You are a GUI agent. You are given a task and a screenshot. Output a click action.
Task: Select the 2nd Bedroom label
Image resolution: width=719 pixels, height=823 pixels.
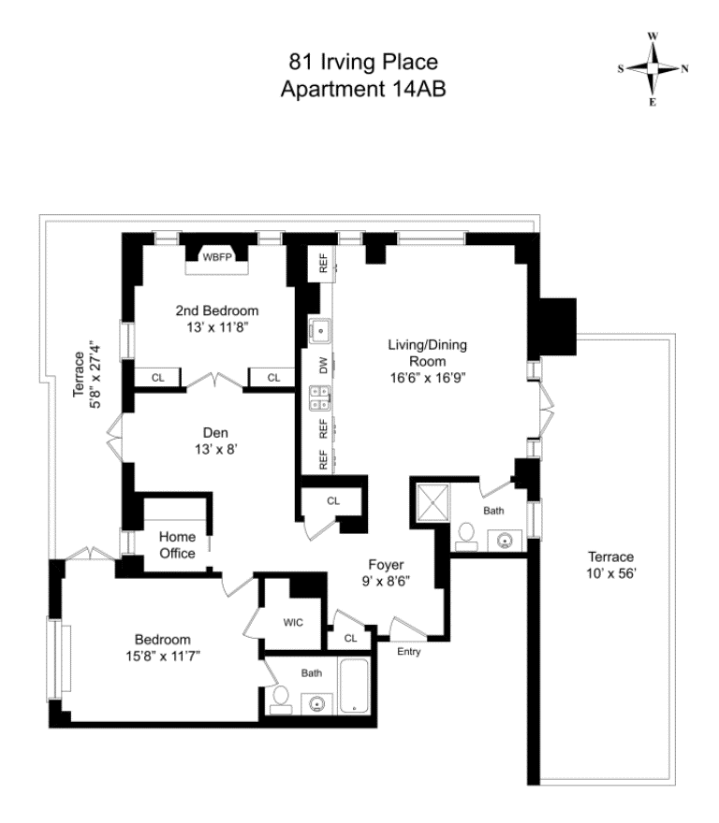216,311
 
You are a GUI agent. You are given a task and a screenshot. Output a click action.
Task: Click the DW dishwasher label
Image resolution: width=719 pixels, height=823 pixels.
323,367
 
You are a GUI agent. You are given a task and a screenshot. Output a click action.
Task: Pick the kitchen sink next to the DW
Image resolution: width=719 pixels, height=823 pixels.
319,330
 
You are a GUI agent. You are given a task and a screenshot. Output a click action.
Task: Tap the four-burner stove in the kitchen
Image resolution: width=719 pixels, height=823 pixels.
318,398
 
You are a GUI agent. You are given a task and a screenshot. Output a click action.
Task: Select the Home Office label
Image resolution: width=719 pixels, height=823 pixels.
177,544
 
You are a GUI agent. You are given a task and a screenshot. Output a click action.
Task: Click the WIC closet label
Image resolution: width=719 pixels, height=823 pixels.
294,621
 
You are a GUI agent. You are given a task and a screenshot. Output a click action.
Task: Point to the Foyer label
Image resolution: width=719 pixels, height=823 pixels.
385,564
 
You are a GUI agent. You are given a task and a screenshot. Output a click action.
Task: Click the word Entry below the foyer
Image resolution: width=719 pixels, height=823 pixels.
410,651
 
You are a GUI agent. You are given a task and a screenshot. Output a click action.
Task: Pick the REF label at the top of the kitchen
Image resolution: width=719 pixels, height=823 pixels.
323,265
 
